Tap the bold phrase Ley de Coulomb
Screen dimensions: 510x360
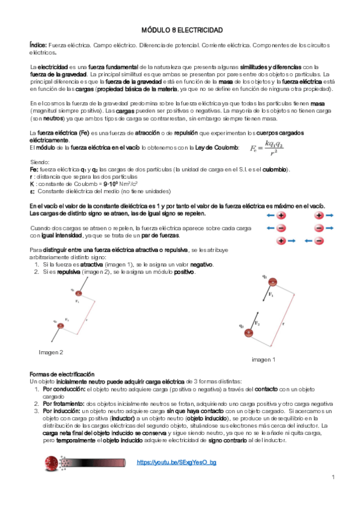click(219, 148)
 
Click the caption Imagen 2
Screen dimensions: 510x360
click(51, 352)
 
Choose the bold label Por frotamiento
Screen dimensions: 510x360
click(64, 404)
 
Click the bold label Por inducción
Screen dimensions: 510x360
click(63, 411)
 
